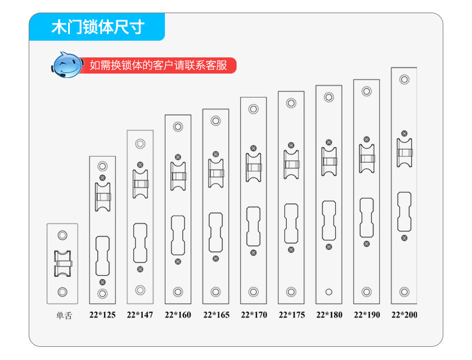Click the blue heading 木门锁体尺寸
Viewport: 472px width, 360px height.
pyautogui.click(x=97, y=28)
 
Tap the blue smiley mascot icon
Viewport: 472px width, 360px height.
pyautogui.click(x=67, y=65)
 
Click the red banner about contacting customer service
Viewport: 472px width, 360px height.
pyautogui.click(x=159, y=65)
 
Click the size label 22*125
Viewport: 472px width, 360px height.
pyautogui.click(x=102, y=315)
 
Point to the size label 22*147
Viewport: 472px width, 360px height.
pyautogui.click(x=140, y=315)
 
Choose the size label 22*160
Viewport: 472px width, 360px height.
pyautogui.click(x=178, y=315)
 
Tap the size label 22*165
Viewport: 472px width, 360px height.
pyautogui.click(x=216, y=315)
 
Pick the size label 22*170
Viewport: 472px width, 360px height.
pyautogui.click(x=253, y=315)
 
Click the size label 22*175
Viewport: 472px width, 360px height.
pyautogui.click(x=292, y=315)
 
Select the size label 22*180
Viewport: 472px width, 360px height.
pyautogui.click(x=329, y=315)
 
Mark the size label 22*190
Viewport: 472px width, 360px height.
pyautogui.click(x=367, y=315)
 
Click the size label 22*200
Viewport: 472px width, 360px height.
pyautogui.click(x=404, y=315)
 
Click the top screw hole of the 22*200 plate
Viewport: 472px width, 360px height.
pyautogui.click(x=404, y=80)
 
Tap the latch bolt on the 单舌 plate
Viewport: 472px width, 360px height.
pyautogui.click(x=63, y=263)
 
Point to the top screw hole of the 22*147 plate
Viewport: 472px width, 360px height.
pyautogui.click(x=140, y=144)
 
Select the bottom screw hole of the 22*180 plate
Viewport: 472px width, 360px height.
pyautogui.click(x=329, y=292)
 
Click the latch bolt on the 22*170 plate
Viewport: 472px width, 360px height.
pyautogui.click(x=253, y=167)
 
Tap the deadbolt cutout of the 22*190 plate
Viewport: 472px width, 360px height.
pyautogui.click(x=367, y=212)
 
